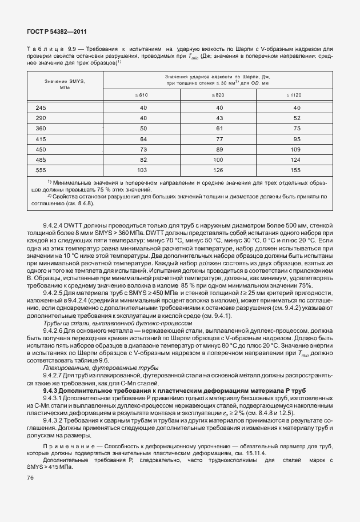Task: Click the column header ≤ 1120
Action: [x=295, y=95]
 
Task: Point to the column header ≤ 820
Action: [x=218, y=95]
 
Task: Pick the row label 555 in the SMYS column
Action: [x=41, y=170]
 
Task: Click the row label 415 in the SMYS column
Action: [x=41, y=139]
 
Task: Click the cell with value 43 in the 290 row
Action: [x=218, y=118]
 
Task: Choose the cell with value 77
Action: [x=218, y=139]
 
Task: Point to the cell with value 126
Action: [x=218, y=170]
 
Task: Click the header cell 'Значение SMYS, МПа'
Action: [x=65, y=85]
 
